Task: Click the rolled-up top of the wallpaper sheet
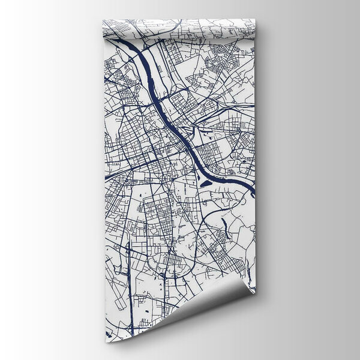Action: point(180,28)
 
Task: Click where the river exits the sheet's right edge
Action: point(253,192)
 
